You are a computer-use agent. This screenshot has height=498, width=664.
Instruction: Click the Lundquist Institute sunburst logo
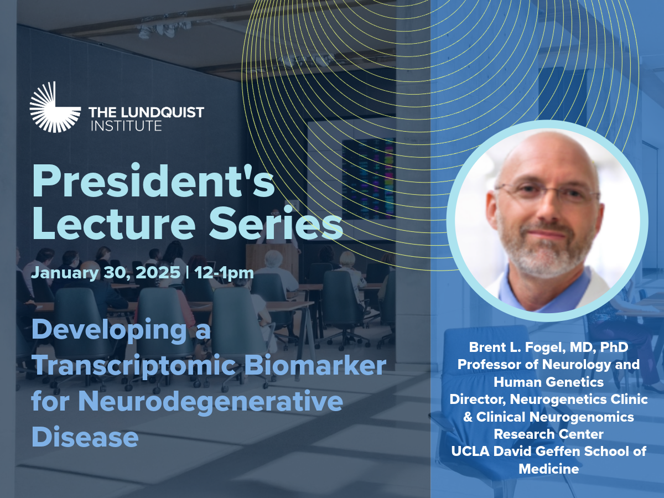point(55,107)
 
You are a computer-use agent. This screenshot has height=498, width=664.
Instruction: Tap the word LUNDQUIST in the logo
point(163,112)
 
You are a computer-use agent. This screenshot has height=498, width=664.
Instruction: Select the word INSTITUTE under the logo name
point(126,126)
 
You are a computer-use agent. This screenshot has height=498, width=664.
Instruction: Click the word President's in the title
point(153,181)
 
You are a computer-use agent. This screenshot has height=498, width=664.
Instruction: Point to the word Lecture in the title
point(114,223)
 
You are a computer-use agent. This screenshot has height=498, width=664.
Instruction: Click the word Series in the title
point(276,223)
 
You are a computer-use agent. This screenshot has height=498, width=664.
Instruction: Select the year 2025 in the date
point(158,272)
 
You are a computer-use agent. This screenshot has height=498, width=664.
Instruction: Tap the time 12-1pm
point(224,273)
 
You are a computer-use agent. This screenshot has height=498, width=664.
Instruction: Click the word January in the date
point(65,273)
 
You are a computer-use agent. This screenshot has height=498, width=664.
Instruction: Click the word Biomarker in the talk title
point(315,365)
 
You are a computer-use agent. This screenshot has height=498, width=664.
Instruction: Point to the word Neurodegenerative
point(211,402)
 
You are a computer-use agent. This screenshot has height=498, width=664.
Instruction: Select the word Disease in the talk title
point(85,437)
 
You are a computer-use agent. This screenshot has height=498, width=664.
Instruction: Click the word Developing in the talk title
point(109,330)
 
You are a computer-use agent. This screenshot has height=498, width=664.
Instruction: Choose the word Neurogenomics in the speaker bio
point(582,417)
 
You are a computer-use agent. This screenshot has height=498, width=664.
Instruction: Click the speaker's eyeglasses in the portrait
point(547,194)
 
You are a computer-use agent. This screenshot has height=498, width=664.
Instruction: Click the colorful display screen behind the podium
point(369,178)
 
